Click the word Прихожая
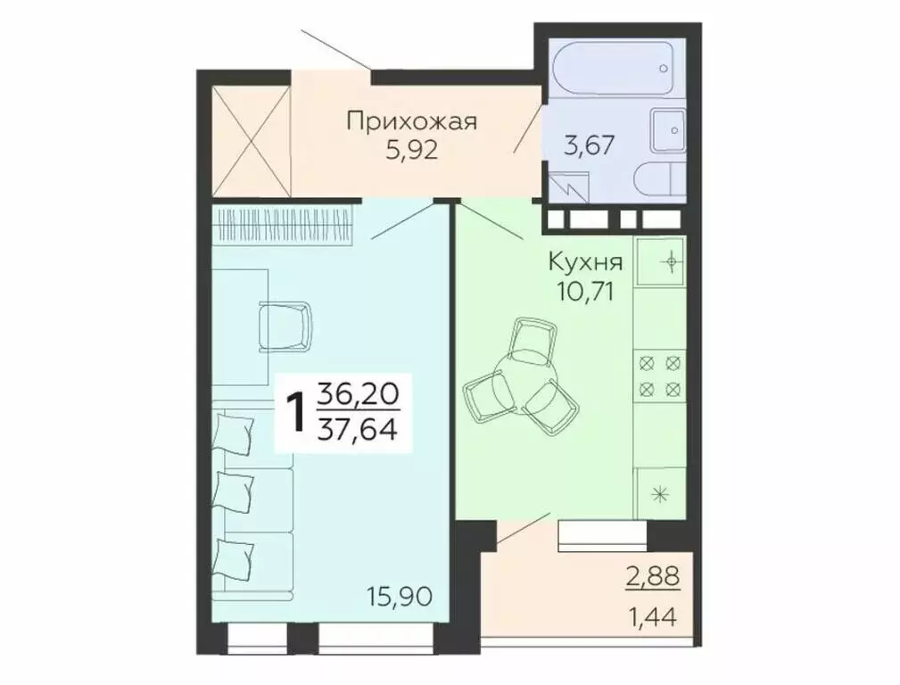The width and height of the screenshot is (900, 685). click(x=412, y=120)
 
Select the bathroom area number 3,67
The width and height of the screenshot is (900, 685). click(x=589, y=144)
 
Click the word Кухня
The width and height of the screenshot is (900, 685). click(x=585, y=263)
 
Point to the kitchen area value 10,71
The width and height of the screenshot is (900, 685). click(x=584, y=291)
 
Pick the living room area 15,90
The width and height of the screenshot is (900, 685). click(x=400, y=595)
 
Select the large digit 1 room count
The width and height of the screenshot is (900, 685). click(x=294, y=412)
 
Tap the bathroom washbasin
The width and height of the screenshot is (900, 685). click(x=668, y=130)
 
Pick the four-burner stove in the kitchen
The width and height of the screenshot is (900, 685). click(x=660, y=376)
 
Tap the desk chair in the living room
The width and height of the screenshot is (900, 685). click(x=285, y=326)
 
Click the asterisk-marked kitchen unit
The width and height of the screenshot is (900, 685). click(x=661, y=493)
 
